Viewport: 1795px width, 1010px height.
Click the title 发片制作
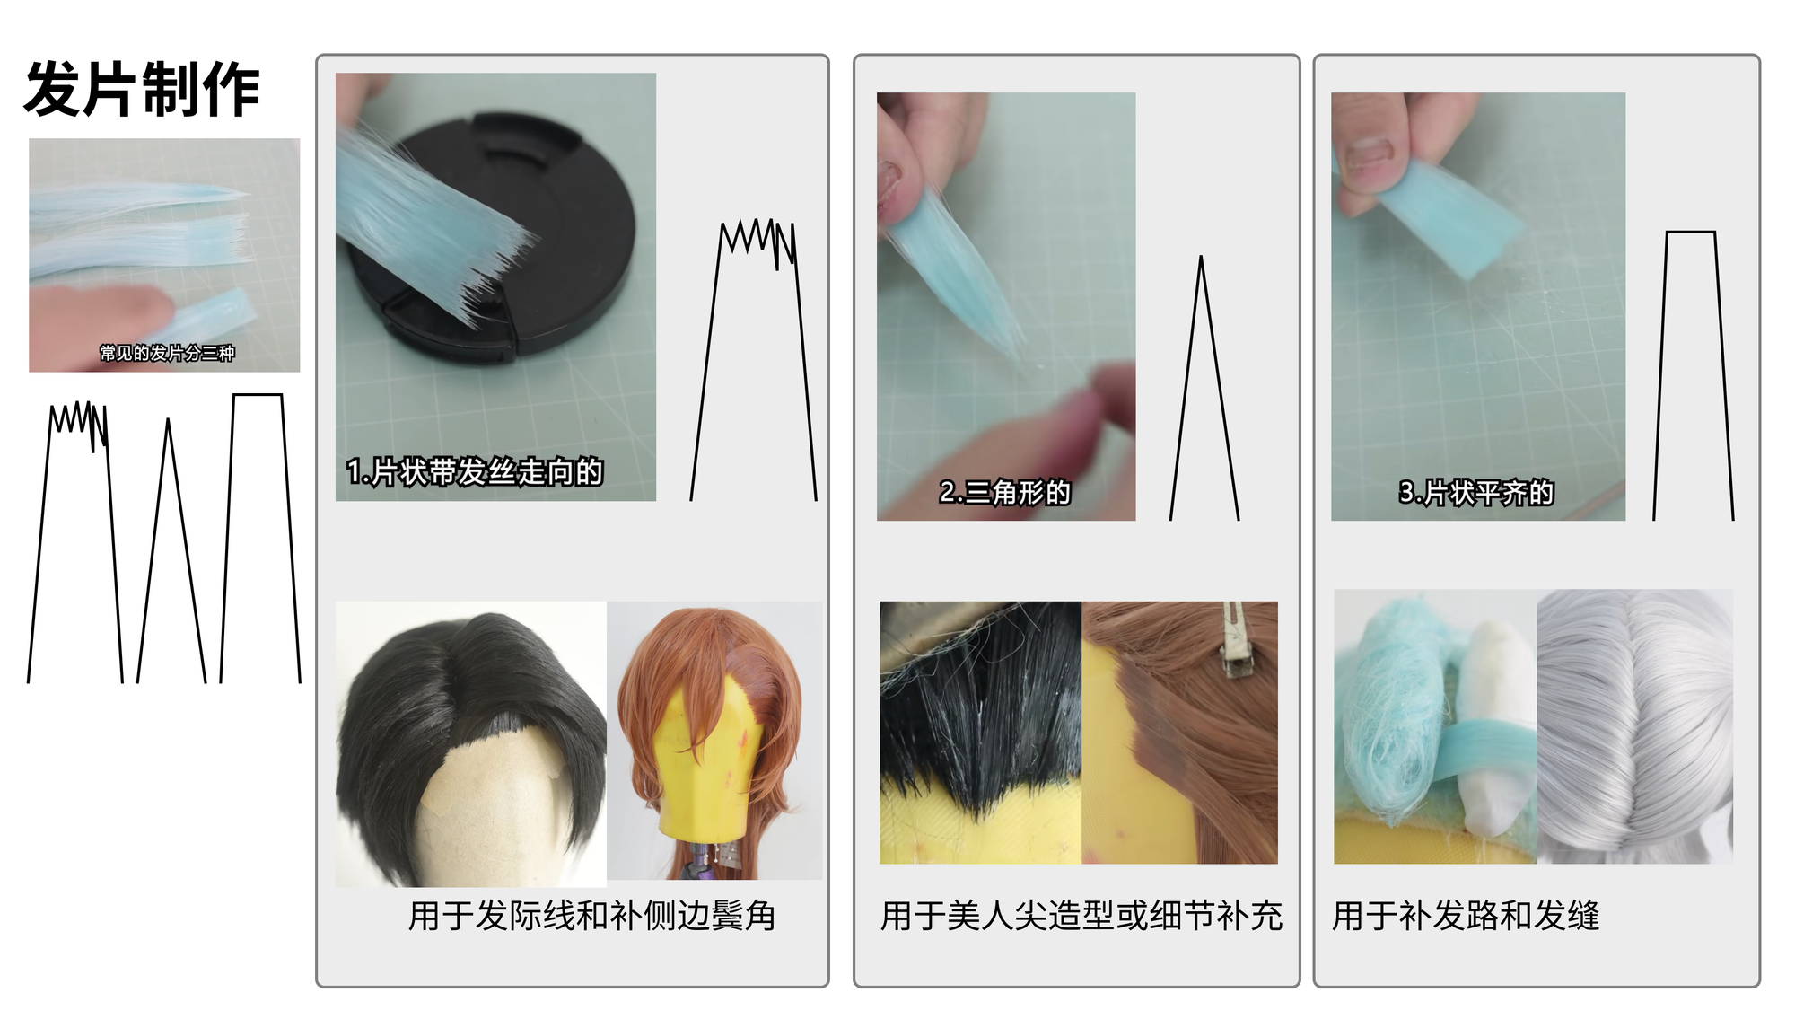[x=142, y=89]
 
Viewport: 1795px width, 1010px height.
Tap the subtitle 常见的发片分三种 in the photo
[x=167, y=353]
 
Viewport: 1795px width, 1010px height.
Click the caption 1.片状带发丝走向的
[x=475, y=471]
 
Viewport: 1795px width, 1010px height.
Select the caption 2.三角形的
[x=1005, y=492]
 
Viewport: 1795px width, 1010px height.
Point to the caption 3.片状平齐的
[x=1476, y=492]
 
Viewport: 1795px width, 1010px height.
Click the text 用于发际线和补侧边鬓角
[x=591, y=916]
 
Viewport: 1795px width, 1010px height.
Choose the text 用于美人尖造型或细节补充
[x=1081, y=916]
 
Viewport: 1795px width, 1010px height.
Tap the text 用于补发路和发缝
[x=1466, y=916]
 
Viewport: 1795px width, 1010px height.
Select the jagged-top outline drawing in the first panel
[x=754, y=360]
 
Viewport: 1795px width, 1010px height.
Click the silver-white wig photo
[x=1635, y=726]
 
